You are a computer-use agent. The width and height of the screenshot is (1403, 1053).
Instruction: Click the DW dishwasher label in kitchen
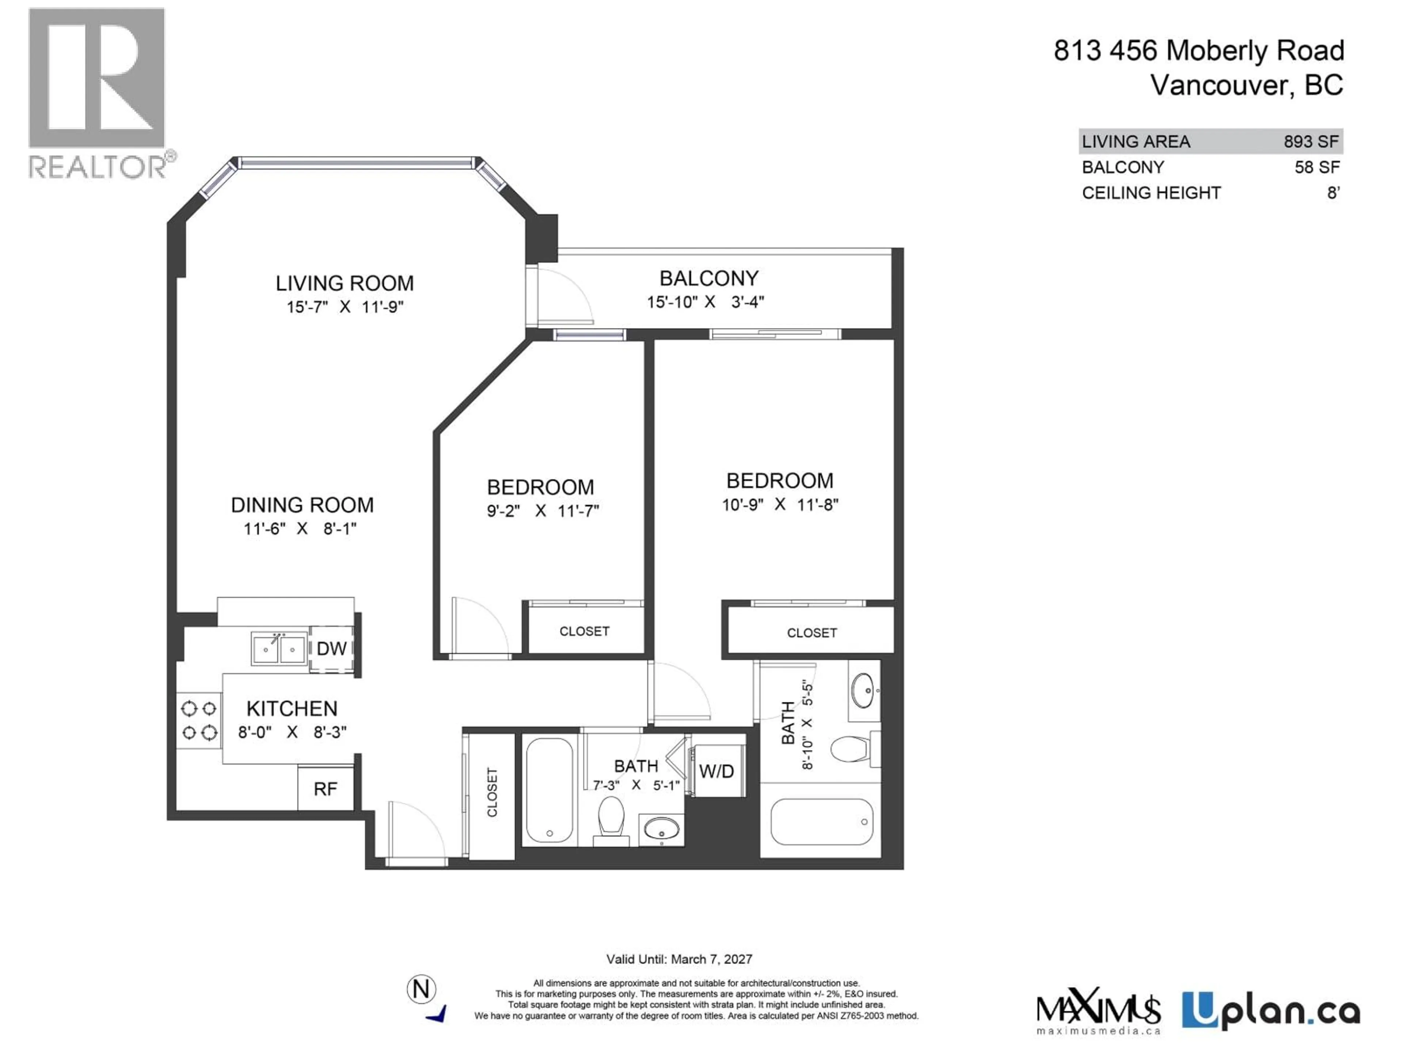[x=331, y=649]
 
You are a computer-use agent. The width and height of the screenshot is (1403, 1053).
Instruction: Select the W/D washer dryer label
[x=717, y=771]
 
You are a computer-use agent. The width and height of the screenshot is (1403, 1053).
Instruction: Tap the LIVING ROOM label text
[x=345, y=283]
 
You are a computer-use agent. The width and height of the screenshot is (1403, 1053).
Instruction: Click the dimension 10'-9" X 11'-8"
[x=780, y=505]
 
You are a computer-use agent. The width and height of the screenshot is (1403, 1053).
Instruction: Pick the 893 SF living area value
[x=1311, y=141]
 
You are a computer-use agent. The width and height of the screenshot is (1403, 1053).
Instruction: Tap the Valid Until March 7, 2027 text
[x=679, y=959]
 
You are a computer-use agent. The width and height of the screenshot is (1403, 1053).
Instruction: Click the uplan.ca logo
[x=1270, y=1011]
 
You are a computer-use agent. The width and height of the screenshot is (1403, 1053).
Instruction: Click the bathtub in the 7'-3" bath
[x=549, y=791]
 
